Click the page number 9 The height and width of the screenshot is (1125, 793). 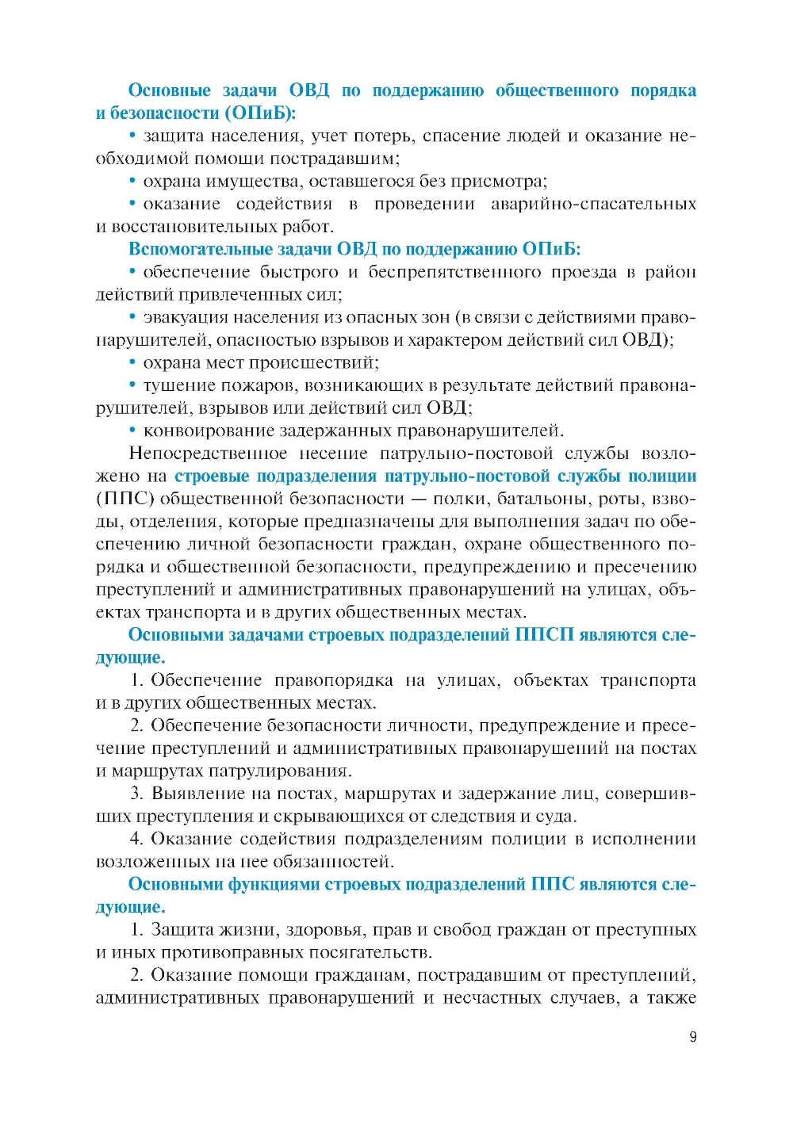click(693, 1037)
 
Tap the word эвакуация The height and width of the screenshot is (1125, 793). click(182, 317)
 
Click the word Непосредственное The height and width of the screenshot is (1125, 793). click(208, 453)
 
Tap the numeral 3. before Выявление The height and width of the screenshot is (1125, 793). click(137, 794)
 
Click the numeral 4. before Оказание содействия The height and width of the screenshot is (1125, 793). click(137, 839)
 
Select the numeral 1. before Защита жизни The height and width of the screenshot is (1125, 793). click(137, 929)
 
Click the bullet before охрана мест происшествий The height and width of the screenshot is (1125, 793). click(133, 363)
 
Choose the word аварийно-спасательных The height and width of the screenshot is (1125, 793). click(593, 204)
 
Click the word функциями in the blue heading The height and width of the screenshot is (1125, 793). click(274, 884)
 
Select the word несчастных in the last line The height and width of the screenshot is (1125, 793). click(492, 997)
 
